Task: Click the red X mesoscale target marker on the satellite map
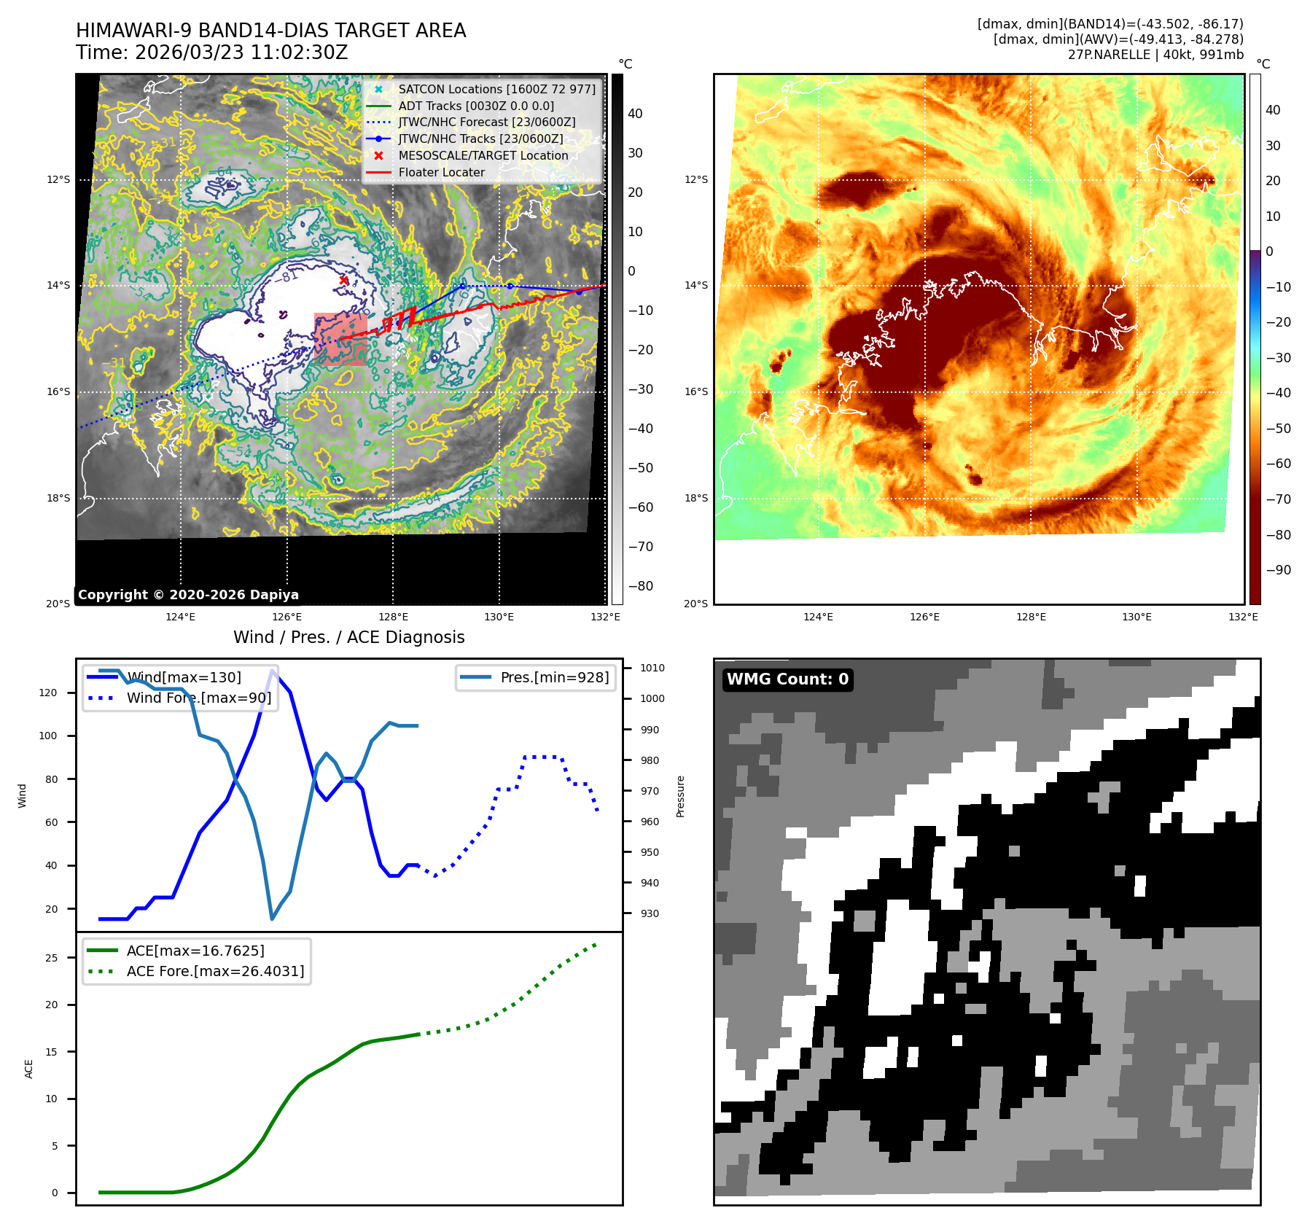click(343, 280)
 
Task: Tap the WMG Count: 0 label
click(787, 679)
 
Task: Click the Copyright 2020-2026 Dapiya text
click(188, 595)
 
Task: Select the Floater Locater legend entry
click(441, 173)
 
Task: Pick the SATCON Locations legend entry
click(496, 89)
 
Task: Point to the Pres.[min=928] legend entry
click(554, 677)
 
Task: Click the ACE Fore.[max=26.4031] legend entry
click(215, 971)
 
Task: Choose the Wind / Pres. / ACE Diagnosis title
click(348, 637)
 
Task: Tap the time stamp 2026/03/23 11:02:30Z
click(241, 53)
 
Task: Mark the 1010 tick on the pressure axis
click(652, 668)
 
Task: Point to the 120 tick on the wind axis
click(48, 693)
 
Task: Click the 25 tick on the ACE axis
click(51, 958)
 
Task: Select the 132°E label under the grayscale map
click(605, 617)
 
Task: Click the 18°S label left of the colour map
click(696, 499)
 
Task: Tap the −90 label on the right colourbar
click(1278, 570)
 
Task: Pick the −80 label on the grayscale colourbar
click(641, 586)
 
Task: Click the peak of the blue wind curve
click(272, 671)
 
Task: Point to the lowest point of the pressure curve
click(272, 919)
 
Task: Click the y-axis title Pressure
click(680, 796)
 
